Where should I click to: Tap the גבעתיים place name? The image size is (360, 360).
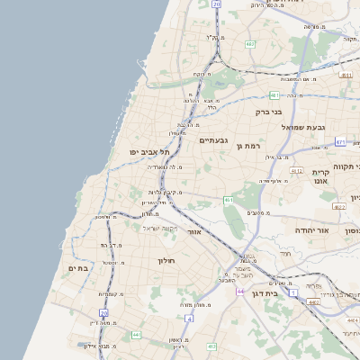(x=214, y=139)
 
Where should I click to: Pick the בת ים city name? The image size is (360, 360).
(x=78, y=267)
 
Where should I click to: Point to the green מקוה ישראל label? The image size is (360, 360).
(x=161, y=227)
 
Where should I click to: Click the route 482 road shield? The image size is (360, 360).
(x=249, y=43)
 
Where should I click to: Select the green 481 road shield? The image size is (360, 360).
(x=274, y=94)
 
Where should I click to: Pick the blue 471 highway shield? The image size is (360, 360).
(x=340, y=141)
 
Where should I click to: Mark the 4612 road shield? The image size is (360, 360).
(x=296, y=170)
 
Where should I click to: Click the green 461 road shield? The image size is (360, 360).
(x=229, y=200)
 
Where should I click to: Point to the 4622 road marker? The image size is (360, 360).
(x=338, y=206)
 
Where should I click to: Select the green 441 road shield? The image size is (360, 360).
(x=137, y=335)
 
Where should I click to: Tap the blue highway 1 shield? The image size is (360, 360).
(x=293, y=292)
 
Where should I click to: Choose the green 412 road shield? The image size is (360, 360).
(x=211, y=346)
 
